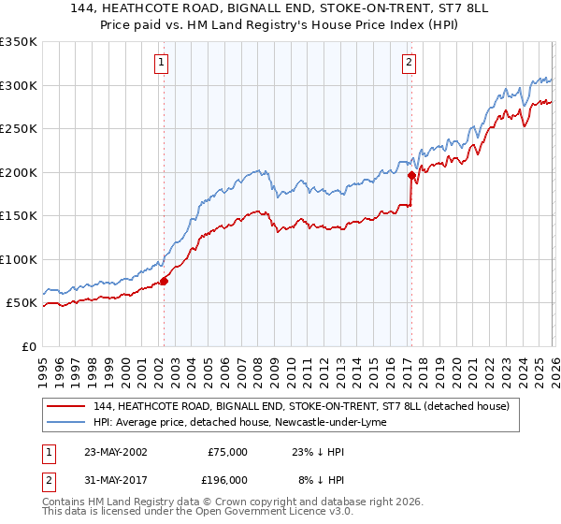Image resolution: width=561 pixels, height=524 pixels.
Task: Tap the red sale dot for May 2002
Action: click(164, 280)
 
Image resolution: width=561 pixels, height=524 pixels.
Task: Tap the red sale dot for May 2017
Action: click(411, 174)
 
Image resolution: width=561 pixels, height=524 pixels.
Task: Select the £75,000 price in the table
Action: click(227, 452)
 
